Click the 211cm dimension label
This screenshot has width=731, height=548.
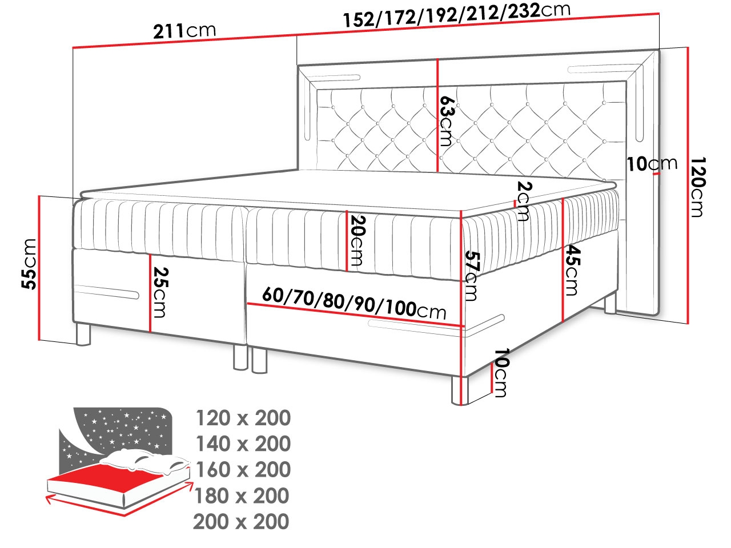(184, 31)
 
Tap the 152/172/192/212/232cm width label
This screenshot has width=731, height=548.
(456, 14)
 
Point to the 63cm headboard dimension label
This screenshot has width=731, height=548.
(446, 121)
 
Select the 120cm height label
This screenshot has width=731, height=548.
(697, 187)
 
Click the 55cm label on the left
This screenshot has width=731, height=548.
(29, 264)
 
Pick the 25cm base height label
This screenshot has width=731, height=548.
(159, 293)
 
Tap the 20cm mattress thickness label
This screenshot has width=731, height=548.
(357, 241)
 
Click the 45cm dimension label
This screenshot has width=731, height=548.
(572, 270)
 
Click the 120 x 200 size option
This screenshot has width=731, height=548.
(243, 418)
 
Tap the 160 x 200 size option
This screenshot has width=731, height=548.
(243, 469)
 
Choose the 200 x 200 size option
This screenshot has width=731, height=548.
(241, 521)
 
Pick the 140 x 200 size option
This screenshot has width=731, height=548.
(243, 444)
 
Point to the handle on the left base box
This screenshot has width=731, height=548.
(106, 292)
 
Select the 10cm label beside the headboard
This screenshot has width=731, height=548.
(652, 164)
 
